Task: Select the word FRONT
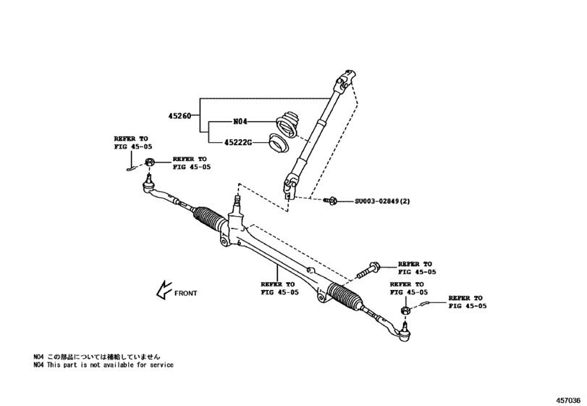click(x=185, y=294)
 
